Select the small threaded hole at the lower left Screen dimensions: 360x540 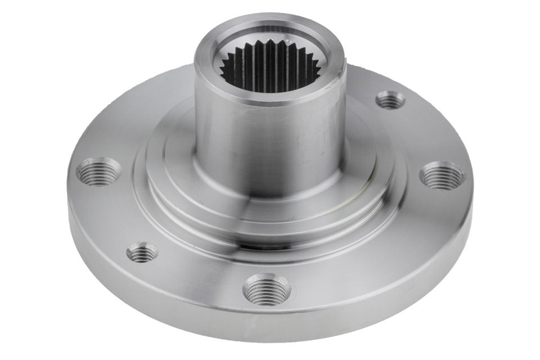pyautogui.click(x=142, y=253)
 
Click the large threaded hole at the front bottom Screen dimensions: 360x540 pyautogui.click(x=267, y=289)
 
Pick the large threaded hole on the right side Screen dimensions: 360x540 pyautogui.click(x=443, y=175)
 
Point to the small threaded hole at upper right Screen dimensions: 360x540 pyautogui.click(x=390, y=100)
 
